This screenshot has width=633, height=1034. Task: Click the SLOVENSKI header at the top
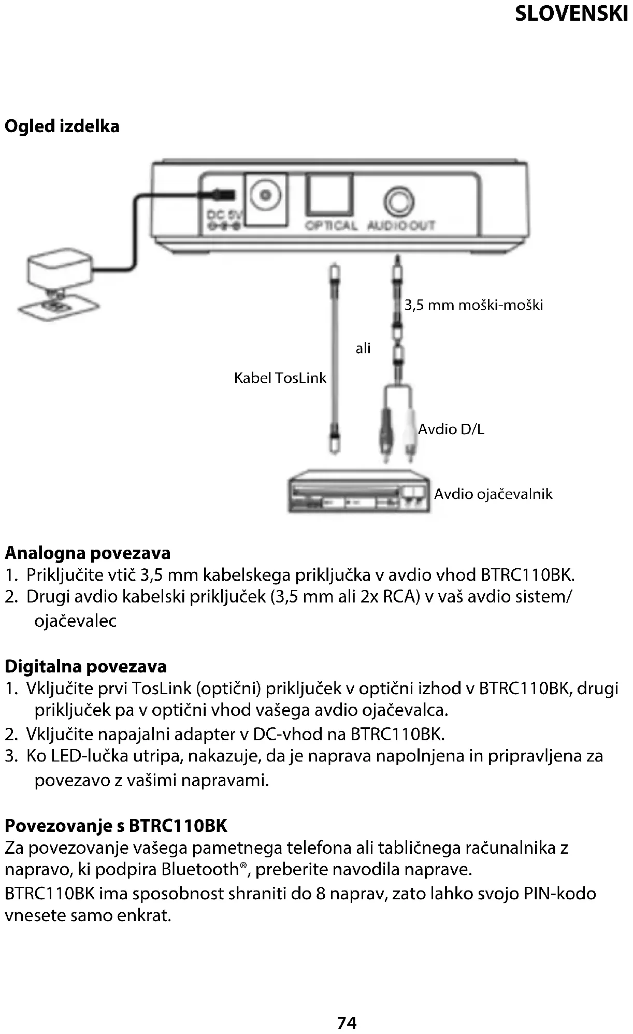[571, 14]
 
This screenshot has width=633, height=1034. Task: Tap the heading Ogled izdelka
[62, 126]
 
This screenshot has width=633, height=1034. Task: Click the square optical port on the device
[329, 195]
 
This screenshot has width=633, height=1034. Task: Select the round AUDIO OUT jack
[399, 202]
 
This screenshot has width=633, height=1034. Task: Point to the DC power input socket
[266, 196]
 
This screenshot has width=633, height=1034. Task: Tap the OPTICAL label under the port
[331, 226]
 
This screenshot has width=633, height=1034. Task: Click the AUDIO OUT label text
[401, 226]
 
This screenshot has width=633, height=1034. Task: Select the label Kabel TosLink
[280, 378]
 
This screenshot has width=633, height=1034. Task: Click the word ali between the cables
[363, 348]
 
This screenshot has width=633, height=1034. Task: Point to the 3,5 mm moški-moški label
[473, 305]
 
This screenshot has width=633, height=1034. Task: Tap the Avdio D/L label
[451, 429]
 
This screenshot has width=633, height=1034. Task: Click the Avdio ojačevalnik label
[493, 494]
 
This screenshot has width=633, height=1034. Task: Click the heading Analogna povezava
[88, 553]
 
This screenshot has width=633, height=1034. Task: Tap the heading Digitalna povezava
[86, 666]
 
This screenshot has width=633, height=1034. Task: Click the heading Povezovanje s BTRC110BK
[116, 825]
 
